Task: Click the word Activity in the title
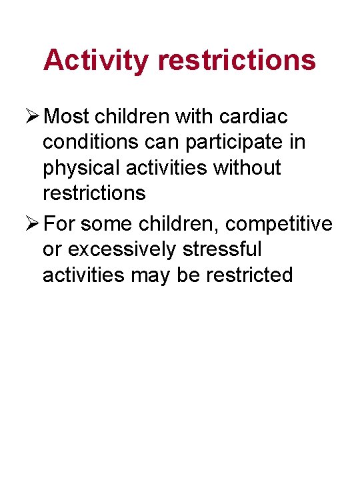coord(97,60)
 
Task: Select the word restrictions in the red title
coord(237,60)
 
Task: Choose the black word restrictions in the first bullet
coord(94,193)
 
